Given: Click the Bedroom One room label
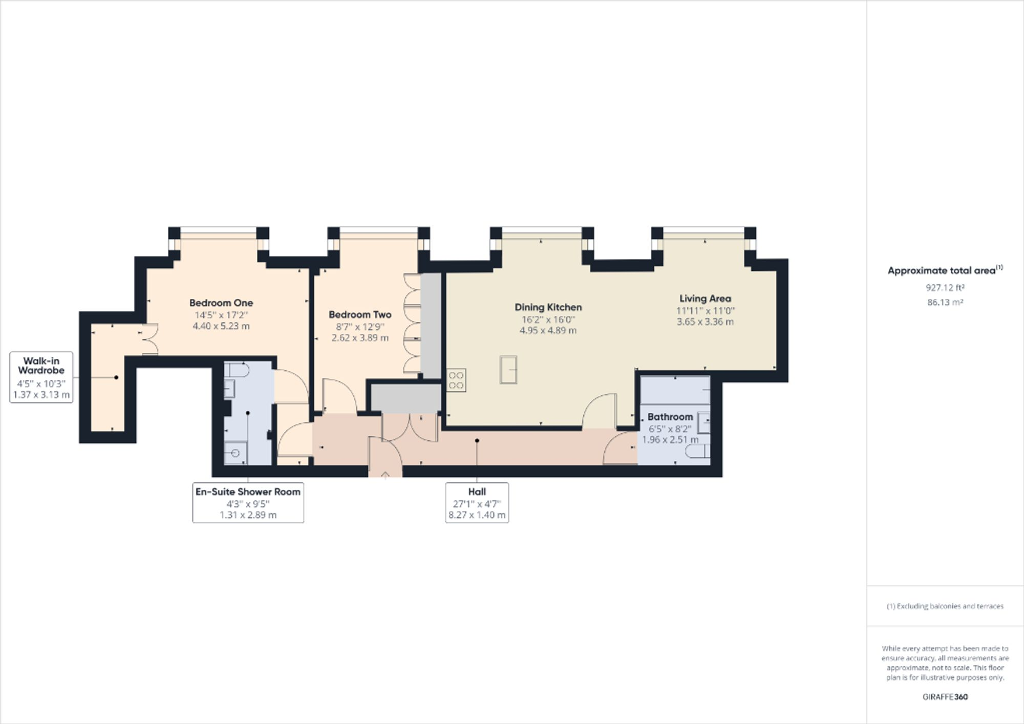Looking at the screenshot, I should tap(221, 303).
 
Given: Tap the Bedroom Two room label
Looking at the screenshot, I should tap(360, 314).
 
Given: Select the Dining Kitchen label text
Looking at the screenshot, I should tap(548, 307).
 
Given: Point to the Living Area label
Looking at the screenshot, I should tap(705, 298).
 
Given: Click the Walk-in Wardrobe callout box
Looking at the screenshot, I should tap(41, 377).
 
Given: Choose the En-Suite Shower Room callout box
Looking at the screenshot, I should tap(248, 502).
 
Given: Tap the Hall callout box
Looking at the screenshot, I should tap(477, 502).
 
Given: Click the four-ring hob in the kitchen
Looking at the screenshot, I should tap(456, 380).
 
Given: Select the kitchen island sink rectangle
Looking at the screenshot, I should tap(508, 369).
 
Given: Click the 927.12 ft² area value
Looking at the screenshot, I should tap(945, 288).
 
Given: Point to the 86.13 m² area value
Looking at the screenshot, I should tap(945, 302).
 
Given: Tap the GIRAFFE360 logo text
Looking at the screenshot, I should tap(945, 696).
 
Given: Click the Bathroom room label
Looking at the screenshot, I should tap(670, 417).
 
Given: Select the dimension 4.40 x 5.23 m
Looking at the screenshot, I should tap(221, 326).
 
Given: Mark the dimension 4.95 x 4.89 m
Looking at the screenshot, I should tap(548, 330).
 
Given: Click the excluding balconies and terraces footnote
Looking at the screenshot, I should tap(945, 606).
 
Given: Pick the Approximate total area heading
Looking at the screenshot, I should tap(945, 271).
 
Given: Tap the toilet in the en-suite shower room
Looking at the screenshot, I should tap(237, 369).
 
